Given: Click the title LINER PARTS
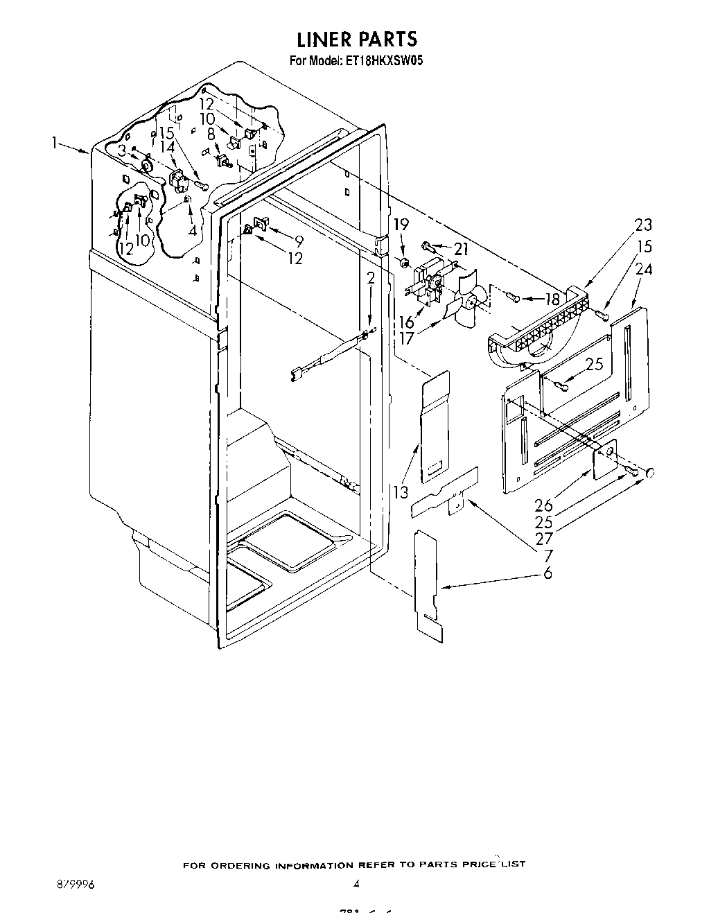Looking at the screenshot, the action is pyautogui.click(x=357, y=38).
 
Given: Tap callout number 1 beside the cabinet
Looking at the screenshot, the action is pyautogui.click(x=53, y=143).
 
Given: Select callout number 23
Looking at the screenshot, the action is pyautogui.click(x=642, y=225).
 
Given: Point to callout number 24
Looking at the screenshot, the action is pyautogui.click(x=643, y=269).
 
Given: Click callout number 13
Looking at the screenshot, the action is pyautogui.click(x=400, y=492).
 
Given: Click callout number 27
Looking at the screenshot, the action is pyautogui.click(x=544, y=538).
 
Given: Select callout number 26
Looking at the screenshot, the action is pyautogui.click(x=544, y=505).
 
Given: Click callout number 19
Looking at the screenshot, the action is pyautogui.click(x=401, y=225).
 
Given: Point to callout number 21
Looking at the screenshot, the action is pyautogui.click(x=461, y=248).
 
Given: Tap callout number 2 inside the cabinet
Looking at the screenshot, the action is pyautogui.click(x=371, y=279).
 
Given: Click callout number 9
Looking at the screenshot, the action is pyautogui.click(x=299, y=241).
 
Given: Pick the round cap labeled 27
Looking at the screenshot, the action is pyautogui.click(x=651, y=473).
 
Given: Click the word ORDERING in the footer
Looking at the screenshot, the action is pyautogui.click(x=243, y=866).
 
